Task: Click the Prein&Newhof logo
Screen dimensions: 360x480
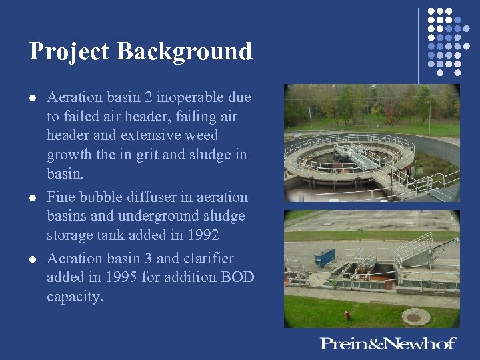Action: tap(387, 343)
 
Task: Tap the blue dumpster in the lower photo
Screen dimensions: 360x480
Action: tap(325, 257)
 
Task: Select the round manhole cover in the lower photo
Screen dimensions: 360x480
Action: tap(413, 317)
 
